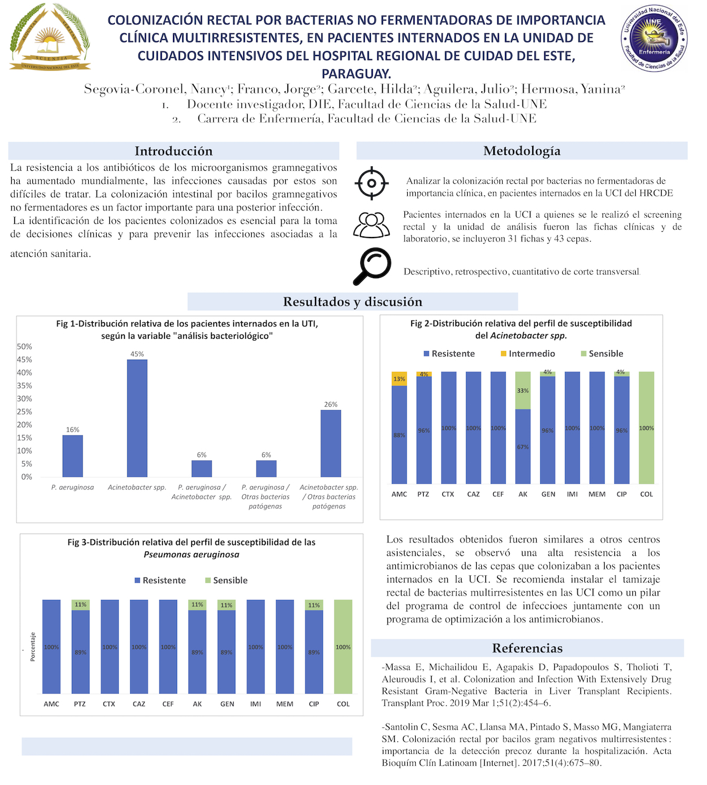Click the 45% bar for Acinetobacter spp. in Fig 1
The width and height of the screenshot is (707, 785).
137,419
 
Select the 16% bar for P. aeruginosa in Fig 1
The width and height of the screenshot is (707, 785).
72,456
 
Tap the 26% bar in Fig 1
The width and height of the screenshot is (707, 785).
330,443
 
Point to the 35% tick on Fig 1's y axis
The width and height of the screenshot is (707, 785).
24,386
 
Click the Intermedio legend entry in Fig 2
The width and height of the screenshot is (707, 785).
527,353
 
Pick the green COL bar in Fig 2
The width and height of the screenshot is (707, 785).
646,428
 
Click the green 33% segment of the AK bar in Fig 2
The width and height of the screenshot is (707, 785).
523,390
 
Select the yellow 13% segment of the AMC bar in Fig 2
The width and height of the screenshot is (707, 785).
399,379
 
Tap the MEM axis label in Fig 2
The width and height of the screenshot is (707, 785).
597,494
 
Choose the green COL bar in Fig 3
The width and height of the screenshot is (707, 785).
343,646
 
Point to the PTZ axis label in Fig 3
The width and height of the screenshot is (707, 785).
80,704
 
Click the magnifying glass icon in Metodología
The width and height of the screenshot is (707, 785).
372,266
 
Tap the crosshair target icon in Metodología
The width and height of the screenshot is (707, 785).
371,183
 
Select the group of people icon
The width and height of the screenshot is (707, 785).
371,225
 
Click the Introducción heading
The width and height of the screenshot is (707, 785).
174,151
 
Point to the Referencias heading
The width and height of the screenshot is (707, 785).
527,648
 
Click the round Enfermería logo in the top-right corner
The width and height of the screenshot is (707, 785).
653,38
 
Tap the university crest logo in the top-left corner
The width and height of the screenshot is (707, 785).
50,37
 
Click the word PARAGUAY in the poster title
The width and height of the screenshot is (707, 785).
356,74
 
